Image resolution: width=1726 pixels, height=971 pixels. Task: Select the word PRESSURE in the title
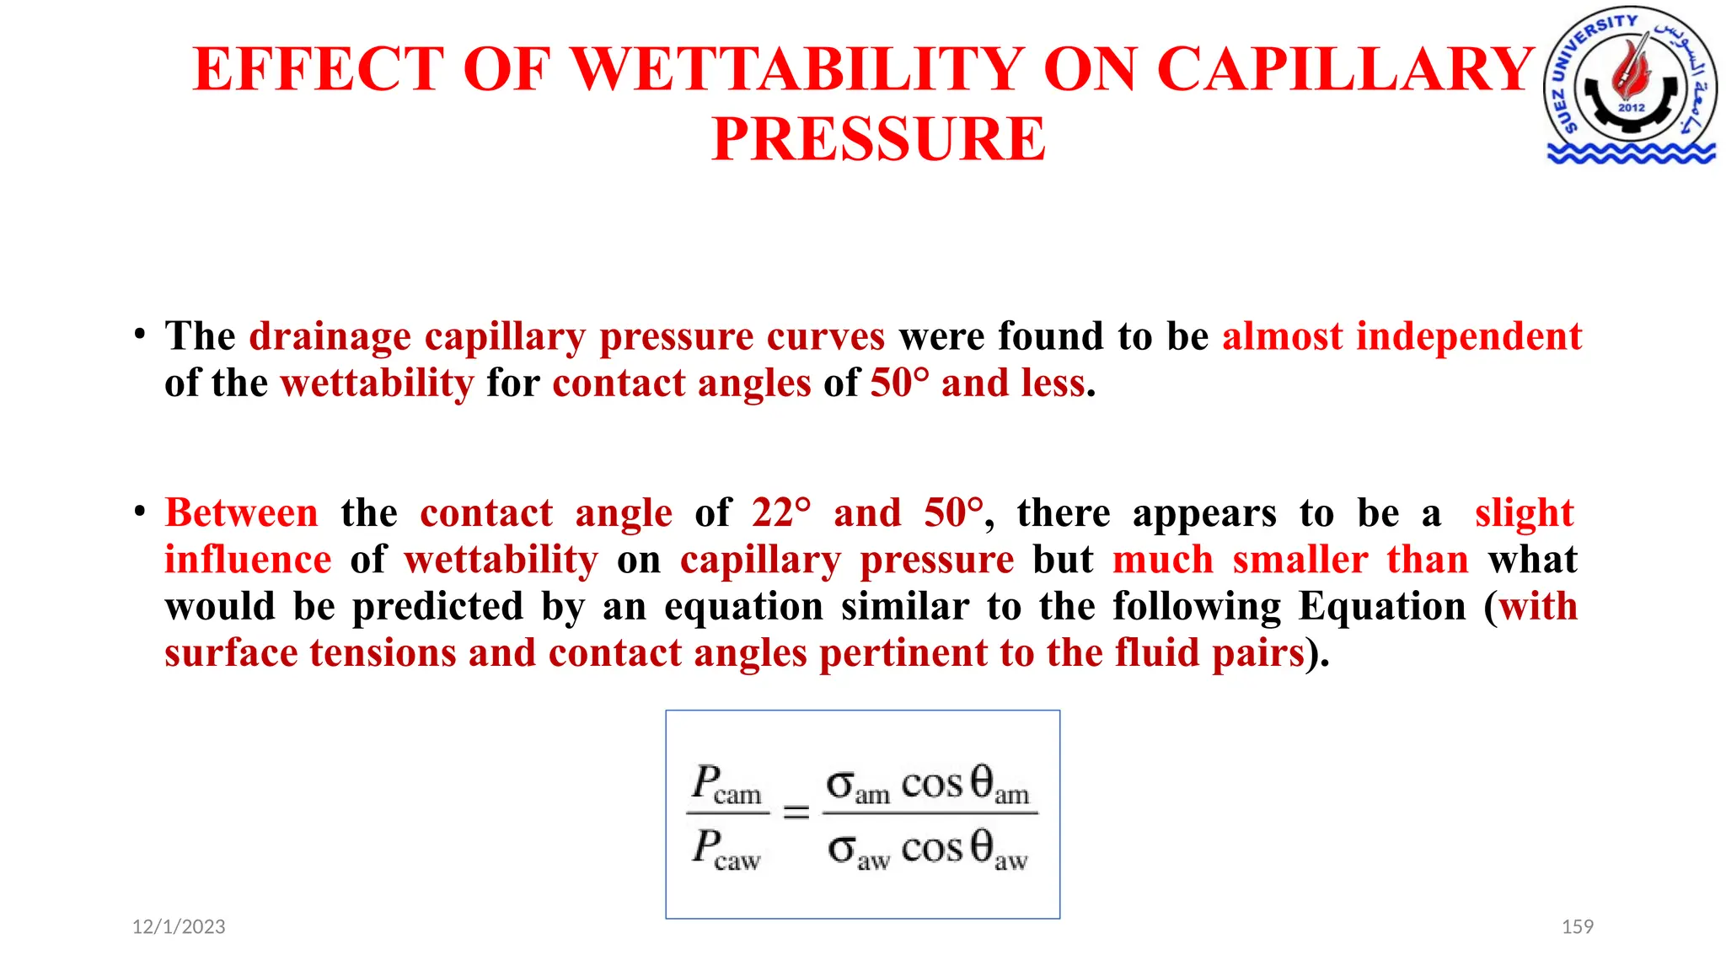pyautogui.click(x=879, y=139)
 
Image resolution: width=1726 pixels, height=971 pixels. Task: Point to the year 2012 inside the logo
pyautogui.click(x=1632, y=108)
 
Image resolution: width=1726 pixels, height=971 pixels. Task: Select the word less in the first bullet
pyautogui.click(x=1053, y=384)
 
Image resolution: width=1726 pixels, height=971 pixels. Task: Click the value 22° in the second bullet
pyautogui.click(x=782, y=513)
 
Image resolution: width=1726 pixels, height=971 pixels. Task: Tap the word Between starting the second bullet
pyautogui.click(x=242, y=513)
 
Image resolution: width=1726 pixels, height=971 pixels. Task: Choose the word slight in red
pyautogui.click(x=1524, y=513)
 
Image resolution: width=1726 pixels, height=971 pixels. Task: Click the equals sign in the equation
pyautogui.click(x=796, y=813)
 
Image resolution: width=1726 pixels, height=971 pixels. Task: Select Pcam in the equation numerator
pyautogui.click(x=726, y=784)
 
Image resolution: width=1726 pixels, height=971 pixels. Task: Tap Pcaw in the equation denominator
pyautogui.click(x=726, y=848)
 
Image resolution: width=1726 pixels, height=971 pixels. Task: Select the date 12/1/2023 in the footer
pyautogui.click(x=179, y=927)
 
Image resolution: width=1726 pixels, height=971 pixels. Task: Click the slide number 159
pyautogui.click(x=1578, y=927)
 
